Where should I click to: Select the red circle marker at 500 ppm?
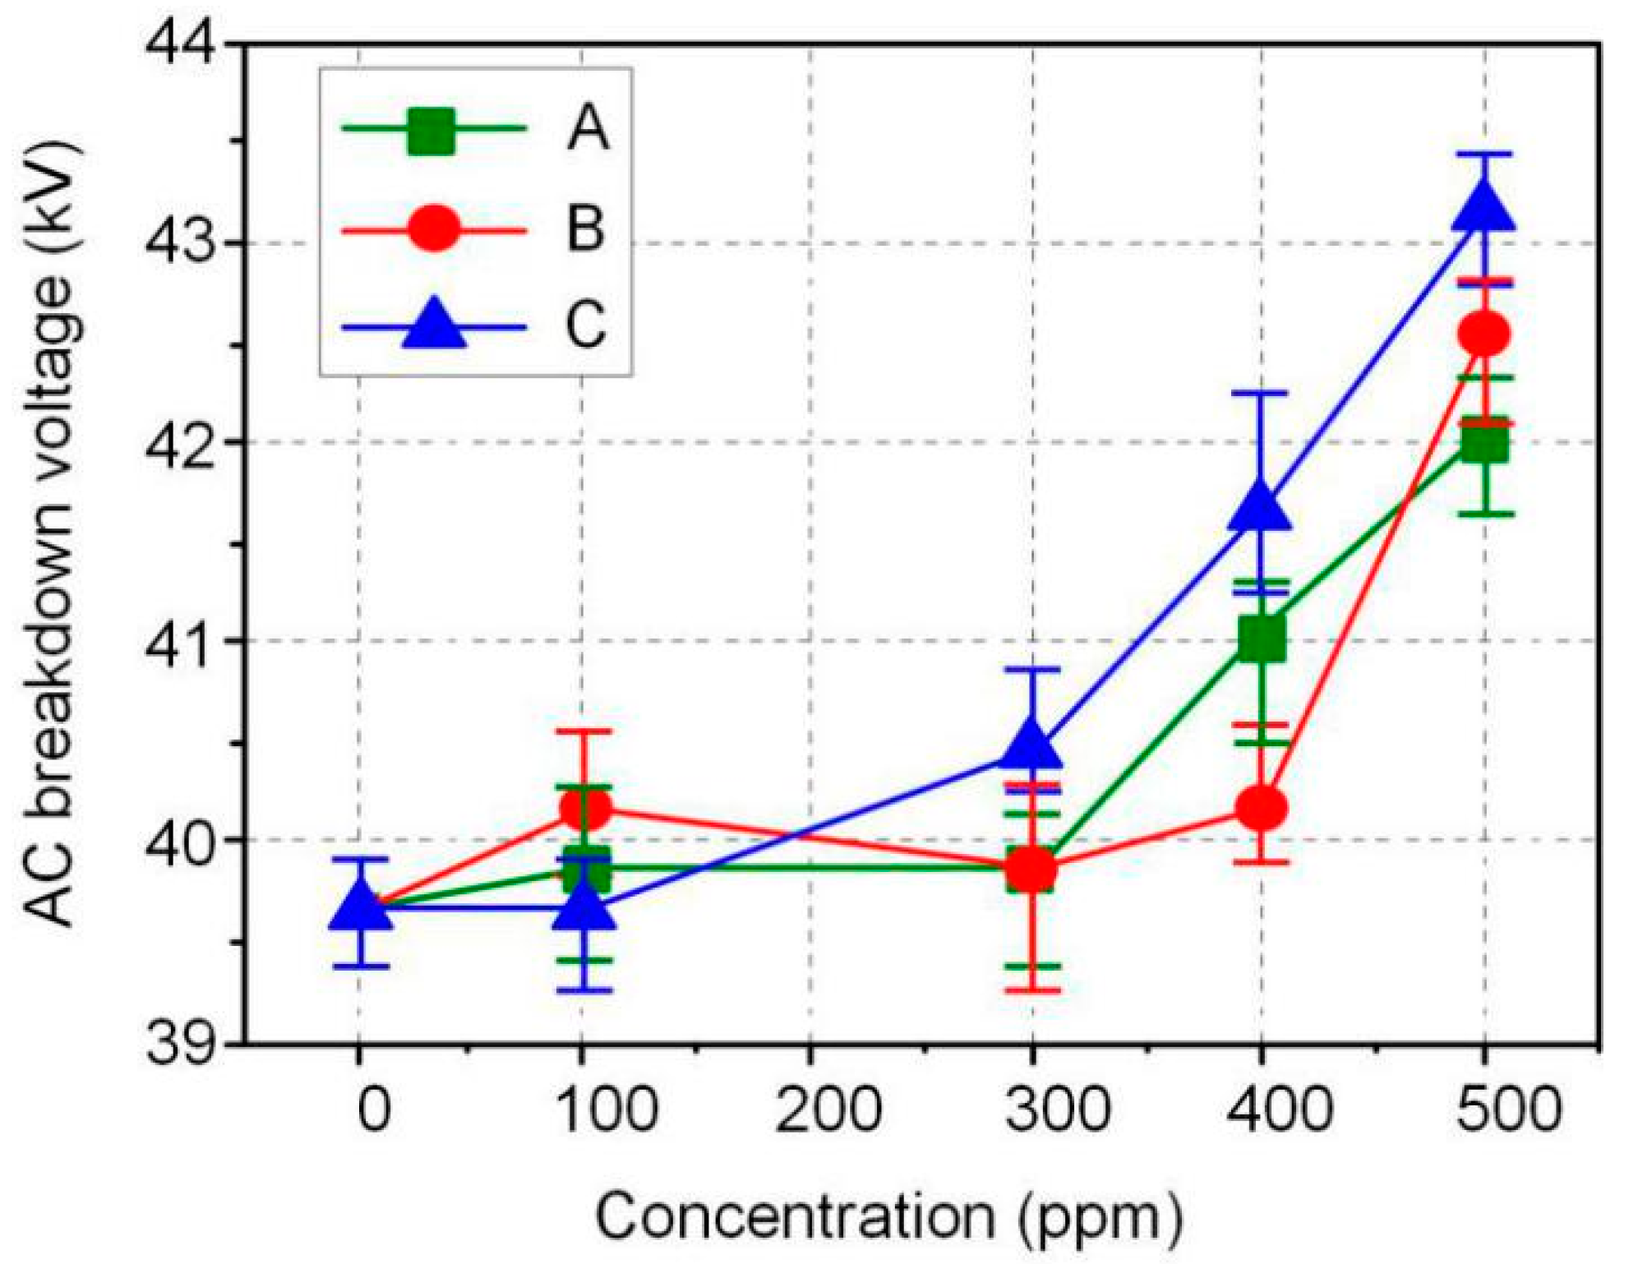pyautogui.click(x=1483, y=334)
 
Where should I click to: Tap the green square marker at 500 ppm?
pyautogui.click(x=1483, y=444)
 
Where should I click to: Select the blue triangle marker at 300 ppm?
pyautogui.click(x=1032, y=746)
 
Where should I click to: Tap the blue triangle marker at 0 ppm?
pyautogui.click(x=360, y=906)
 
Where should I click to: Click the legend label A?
pyautogui.click(x=588, y=129)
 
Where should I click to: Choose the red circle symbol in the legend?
pyautogui.click(x=432, y=228)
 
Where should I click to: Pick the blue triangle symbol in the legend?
pyautogui.click(x=434, y=325)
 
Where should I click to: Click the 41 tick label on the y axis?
pyautogui.click(x=182, y=640)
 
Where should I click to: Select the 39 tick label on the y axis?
pyautogui.click(x=182, y=1045)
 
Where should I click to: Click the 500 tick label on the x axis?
pyautogui.click(x=1509, y=1109)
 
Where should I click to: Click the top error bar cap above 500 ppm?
pyautogui.click(x=1483, y=155)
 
